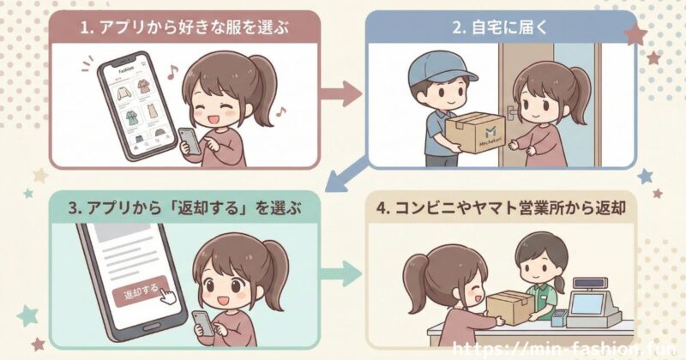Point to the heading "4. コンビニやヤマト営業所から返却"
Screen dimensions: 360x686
point(502,207)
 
